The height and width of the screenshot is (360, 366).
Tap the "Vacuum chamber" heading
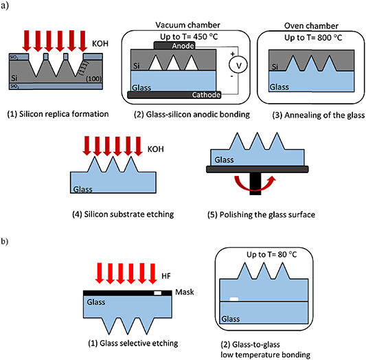coord(179,23)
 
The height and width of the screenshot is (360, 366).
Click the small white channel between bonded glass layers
coord(235,299)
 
